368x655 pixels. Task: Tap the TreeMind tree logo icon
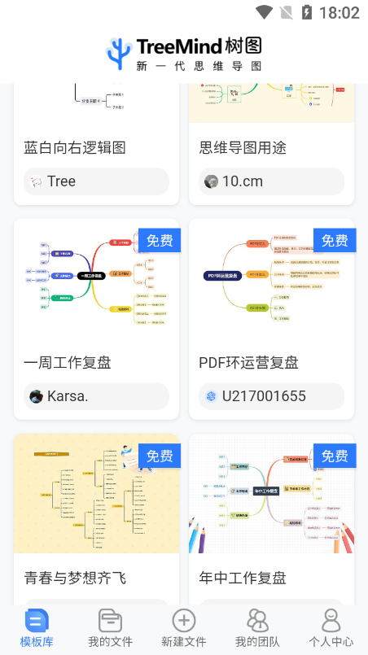(119, 53)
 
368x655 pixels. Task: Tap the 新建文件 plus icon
(184, 621)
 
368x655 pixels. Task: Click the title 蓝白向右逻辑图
(75, 148)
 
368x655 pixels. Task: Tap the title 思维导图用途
(243, 148)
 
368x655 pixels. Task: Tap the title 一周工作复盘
(68, 363)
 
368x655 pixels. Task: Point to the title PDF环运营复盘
(248, 363)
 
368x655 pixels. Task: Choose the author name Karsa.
(68, 396)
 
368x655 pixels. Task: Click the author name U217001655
(264, 396)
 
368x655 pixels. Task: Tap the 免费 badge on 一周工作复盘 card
(159, 240)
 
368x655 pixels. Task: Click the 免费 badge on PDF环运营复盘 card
(334, 240)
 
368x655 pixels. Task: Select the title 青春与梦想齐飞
(75, 579)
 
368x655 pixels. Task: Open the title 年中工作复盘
(243, 579)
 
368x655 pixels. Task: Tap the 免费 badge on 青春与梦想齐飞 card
(159, 456)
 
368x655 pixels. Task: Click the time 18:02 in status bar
(340, 12)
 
